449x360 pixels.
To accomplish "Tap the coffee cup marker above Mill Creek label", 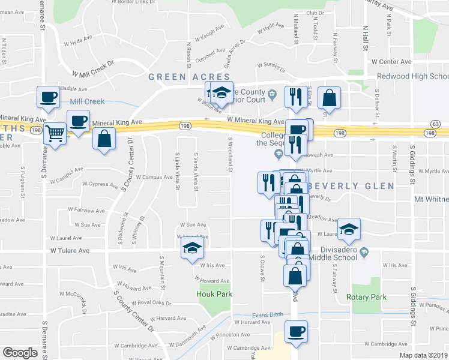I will pos(48,95).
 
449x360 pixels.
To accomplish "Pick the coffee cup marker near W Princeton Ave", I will pos(295,331).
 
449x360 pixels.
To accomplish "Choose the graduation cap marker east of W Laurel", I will pos(349,228).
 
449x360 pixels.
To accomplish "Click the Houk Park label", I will pos(214,294).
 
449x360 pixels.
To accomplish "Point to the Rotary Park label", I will pos(366,297).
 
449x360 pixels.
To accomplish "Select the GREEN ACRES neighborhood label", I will pos(189,77).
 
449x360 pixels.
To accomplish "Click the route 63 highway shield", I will pos(436,124).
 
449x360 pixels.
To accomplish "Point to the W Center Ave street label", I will pos(391,62).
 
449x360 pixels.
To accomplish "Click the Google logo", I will pos(20,353).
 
